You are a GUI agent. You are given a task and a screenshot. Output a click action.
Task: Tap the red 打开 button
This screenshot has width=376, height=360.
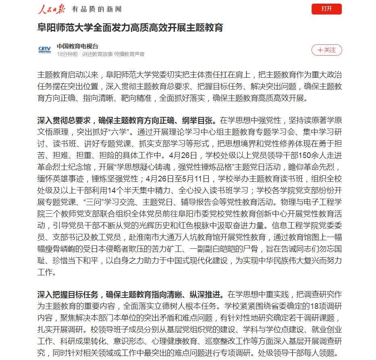[326, 9]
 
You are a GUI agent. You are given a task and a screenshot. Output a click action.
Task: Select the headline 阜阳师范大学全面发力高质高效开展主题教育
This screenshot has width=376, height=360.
[130, 28]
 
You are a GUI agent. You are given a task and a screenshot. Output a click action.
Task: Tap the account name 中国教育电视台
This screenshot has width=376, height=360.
[77, 46]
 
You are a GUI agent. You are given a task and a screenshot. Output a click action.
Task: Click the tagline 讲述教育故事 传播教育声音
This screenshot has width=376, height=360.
[113, 54]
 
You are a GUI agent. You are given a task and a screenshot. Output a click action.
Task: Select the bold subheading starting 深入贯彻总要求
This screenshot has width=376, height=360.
[127, 121]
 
